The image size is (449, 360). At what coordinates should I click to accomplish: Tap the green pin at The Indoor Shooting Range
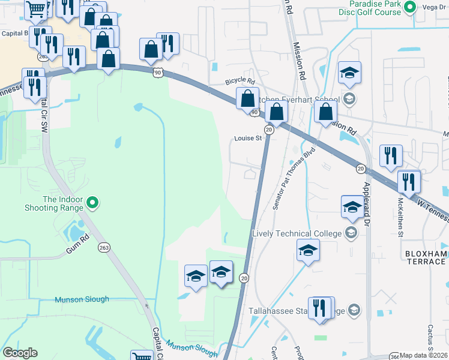[x=92, y=203]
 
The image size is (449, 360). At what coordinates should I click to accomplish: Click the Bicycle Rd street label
[x=240, y=81]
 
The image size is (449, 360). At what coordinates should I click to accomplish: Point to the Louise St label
[x=248, y=139]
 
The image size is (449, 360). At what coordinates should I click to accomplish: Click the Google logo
[x=20, y=353]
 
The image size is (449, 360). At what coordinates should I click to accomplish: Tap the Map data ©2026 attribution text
[x=424, y=355]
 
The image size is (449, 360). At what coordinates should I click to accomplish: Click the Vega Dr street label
[x=433, y=7]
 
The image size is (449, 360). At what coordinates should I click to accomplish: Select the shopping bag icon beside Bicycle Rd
[x=247, y=98]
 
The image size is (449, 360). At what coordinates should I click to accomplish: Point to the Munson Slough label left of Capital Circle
[x=82, y=299]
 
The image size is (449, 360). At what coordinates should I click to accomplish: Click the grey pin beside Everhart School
[x=349, y=99]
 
